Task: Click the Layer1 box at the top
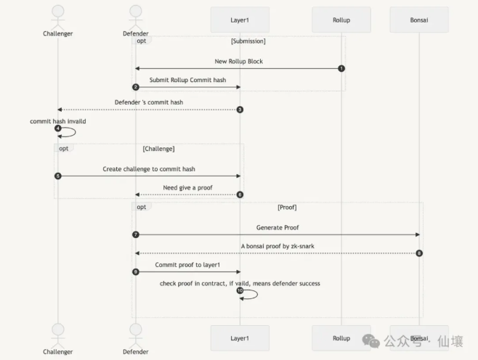[240, 20]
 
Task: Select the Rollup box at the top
[341, 20]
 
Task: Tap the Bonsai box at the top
[419, 20]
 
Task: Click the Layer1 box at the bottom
[240, 338]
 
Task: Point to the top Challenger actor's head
[58, 11]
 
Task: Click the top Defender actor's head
[136, 11]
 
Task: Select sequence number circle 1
[341, 68]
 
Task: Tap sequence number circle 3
[240, 110]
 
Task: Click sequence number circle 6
[240, 195]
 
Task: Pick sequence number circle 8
[419, 253]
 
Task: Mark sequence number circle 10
[240, 290]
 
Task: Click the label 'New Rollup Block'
[239, 62]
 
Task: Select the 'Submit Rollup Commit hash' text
[187, 80]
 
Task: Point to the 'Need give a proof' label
[187, 187]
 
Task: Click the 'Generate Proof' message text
[278, 227]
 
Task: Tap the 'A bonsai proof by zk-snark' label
[278, 246]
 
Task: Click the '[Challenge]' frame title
[158, 149]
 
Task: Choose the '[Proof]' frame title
[287, 208]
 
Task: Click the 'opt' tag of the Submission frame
[142, 41]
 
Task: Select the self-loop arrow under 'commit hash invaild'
[76, 132]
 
